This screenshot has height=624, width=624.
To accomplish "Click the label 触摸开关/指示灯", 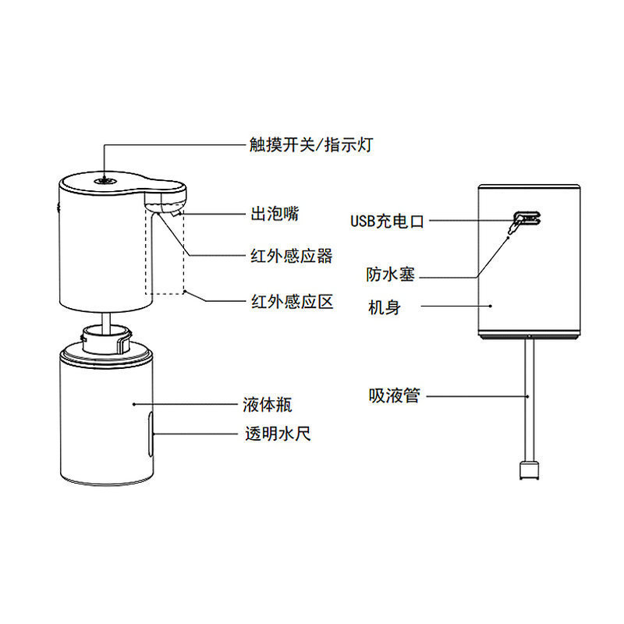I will [306, 145].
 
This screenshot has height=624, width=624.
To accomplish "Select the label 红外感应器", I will [290, 256].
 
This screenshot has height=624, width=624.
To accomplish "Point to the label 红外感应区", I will [290, 301].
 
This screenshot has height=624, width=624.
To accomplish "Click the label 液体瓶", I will [268, 406].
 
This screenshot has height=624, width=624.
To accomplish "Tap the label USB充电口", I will [387, 222].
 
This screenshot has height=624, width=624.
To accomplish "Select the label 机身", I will [384, 307].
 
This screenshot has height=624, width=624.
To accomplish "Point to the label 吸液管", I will [394, 396].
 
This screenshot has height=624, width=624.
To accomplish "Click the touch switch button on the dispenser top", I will [103, 179].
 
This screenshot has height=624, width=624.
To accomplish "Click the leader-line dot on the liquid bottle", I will [135, 405].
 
